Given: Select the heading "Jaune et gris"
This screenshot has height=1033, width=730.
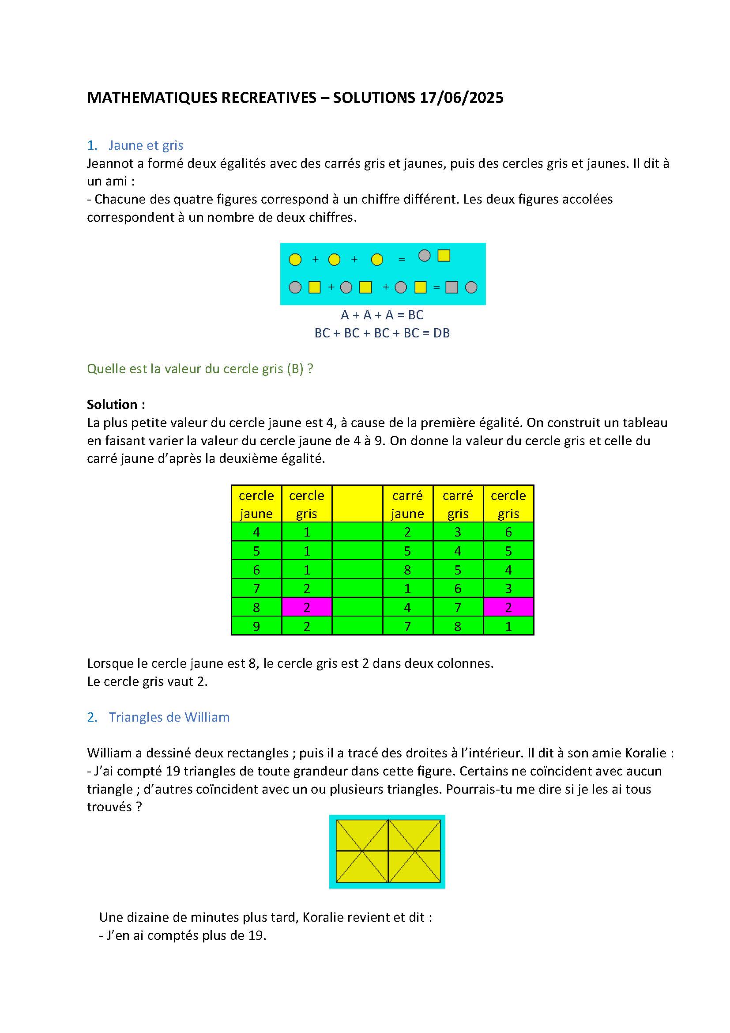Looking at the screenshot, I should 146,145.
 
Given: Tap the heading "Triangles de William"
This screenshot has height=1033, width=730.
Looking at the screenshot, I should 169,717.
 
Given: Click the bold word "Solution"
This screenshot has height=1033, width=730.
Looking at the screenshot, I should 112,405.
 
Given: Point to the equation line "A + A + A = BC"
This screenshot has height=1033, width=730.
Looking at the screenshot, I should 382,315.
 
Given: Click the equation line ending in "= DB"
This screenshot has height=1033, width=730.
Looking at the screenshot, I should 382,333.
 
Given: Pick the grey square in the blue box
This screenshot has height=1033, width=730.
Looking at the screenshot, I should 452,287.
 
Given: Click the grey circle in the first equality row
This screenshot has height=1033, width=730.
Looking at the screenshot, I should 424,256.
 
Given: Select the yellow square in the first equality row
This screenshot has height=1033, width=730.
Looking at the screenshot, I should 444,256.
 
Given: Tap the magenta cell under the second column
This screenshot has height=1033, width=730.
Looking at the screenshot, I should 307,607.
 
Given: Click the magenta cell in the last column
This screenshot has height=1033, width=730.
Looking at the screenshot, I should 508,607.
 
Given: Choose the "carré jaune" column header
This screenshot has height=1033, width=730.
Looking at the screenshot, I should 407,504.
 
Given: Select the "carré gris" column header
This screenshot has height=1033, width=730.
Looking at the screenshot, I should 458,504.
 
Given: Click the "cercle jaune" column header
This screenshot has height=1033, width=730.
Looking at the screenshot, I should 256,504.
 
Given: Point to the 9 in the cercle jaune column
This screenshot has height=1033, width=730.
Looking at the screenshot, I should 256,626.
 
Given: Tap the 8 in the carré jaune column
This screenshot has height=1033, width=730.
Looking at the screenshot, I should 407,570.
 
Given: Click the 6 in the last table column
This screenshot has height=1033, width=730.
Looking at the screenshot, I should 508,532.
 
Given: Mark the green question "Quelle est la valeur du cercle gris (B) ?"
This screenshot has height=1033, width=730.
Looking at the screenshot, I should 200,369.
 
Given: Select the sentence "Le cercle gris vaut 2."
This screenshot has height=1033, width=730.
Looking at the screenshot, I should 147,681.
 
